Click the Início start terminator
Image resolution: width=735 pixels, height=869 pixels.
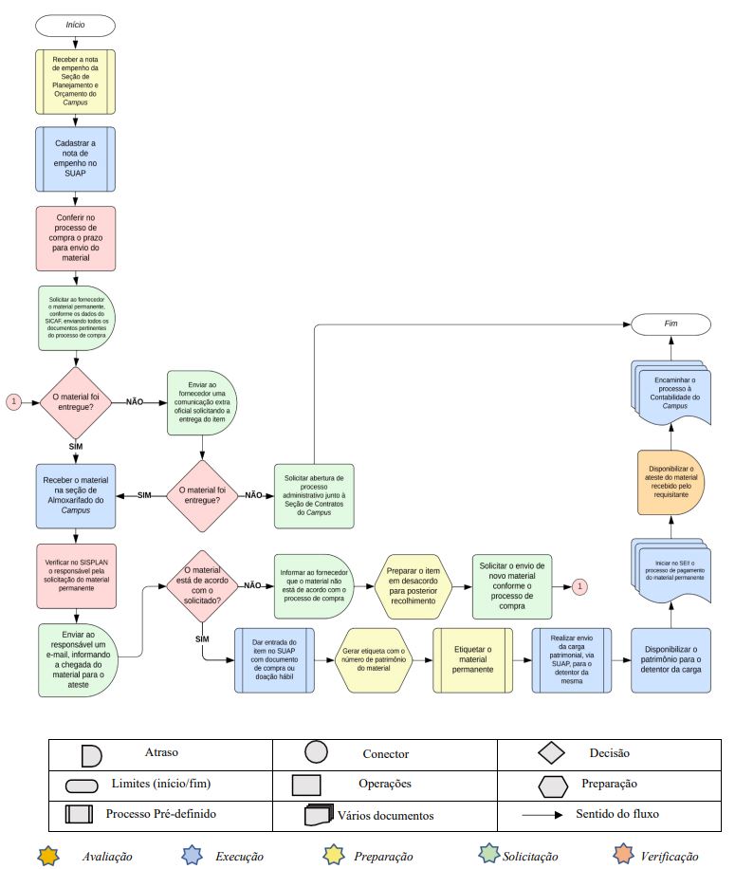(75, 24)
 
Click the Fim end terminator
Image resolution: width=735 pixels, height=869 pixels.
(669, 324)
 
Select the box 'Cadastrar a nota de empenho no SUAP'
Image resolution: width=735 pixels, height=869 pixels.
(75, 157)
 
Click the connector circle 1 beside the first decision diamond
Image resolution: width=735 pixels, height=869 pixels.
(13, 401)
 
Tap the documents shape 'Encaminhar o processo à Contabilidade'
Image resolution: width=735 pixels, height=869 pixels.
(670, 394)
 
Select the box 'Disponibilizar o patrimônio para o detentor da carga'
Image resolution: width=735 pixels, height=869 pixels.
(671, 660)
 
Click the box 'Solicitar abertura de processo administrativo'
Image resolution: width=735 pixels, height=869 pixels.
(314, 496)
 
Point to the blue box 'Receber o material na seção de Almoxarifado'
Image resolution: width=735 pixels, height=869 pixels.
(75, 496)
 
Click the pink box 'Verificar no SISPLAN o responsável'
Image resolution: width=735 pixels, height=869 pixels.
(75, 574)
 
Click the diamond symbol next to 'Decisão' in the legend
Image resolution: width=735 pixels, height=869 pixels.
(553, 753)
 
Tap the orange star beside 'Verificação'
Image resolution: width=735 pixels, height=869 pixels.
(623, 855)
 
